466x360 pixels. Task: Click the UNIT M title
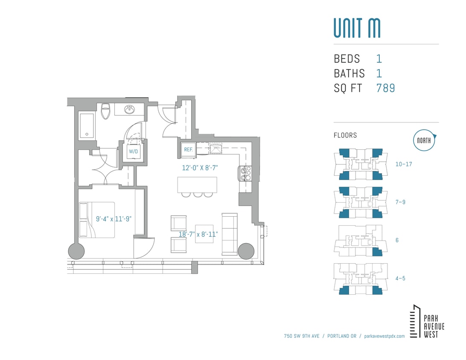pyautogui.click(x=357, y=28)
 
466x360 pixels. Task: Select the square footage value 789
pyautogui.click(x=385, y=88)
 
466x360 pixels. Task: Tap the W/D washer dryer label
pyautogui.click(x=133, y=151)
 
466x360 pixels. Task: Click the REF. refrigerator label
pyautogui.click(x=188, y=150)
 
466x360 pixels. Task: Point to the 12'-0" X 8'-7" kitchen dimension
pyautogui.click(x=200, y=168)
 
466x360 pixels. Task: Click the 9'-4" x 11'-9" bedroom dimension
pyautogui.click(x=114, y=219)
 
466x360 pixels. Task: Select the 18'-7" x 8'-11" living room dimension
pyautogui.click(x=198, y=234)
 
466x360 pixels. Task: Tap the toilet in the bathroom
pyautogui.click(x=106, y=112)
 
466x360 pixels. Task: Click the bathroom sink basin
pyautogui.click(x=130, y=110)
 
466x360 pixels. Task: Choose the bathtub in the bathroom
pyautogui.click(x=87, y=125)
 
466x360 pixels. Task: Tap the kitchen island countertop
pyautogui.click(x=197, y=185)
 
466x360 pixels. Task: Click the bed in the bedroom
pyautogui.click(x=97, y=220)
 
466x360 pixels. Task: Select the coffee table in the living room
pyautogui.click(x=204, y=233)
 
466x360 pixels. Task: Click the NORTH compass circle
pyautogui.click(x=423, y=140)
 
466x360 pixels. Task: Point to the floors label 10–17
pyautogui.click(x=403, y=164)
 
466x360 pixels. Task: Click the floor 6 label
pyautogui.click(x=397, y=241)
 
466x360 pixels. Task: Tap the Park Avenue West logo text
pyautogui.click(x=434, y=326)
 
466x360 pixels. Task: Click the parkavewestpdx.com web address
pyautogui.click(x=384, y=336)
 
